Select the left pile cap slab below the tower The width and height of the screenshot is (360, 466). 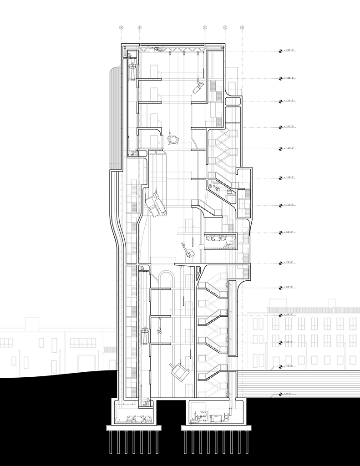pos(134,428)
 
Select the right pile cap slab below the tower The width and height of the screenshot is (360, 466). pos(216,428)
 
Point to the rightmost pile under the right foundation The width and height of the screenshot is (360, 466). pos(247,442)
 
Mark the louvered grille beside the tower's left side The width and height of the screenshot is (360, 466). pos(110,349)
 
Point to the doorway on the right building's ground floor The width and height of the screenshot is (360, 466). pos(276,362)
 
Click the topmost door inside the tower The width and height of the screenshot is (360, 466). pos(154,71)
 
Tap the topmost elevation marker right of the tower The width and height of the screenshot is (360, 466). pos(289,50)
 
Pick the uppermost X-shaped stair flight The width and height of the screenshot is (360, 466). pos(222,139)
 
